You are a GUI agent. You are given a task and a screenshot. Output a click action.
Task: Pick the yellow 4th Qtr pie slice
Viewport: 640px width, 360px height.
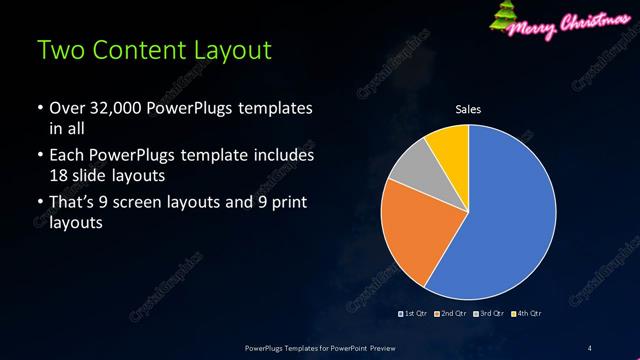point(447,145)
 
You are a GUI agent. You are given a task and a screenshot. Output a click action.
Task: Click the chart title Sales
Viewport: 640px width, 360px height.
point(468,109)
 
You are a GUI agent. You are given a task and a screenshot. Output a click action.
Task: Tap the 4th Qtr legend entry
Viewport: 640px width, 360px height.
point(527,314)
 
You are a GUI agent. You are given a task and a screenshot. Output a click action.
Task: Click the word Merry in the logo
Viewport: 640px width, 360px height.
point(534,22)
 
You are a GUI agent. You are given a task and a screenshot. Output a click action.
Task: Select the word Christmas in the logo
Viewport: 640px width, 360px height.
point(591,20)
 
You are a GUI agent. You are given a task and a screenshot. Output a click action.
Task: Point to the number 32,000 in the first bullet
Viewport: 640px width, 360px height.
point(109,107)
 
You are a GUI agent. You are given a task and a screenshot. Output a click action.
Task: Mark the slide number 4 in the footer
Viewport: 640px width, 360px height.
point(589,347)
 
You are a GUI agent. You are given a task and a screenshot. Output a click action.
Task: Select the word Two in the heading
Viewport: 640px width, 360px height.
point(58,49)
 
